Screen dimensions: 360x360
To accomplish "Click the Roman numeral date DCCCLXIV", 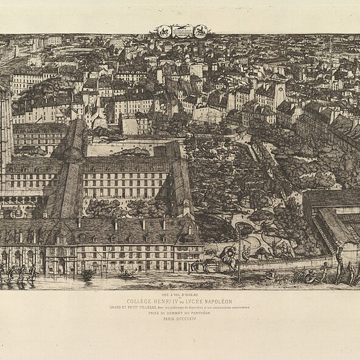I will (187, 319).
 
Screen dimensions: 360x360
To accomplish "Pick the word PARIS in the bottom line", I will (170, 319).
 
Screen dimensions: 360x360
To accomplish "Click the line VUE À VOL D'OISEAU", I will (179, 295).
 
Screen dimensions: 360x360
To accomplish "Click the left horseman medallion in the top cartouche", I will (164, 31).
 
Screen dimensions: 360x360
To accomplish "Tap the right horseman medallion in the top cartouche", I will (200, 31).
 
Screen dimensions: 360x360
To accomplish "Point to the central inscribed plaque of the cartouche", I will (182, 31).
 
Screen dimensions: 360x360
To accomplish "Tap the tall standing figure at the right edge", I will (339, 262).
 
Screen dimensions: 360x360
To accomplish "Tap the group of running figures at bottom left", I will (18, 273).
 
